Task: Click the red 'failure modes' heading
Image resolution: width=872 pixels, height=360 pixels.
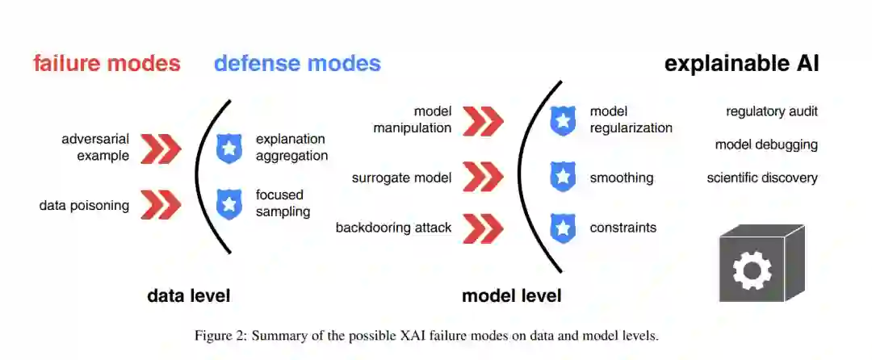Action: [x=107, y=63]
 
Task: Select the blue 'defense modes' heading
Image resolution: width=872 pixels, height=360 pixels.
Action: [x=297, y=63]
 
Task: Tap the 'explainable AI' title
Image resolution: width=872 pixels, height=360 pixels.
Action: [x=741, y=63]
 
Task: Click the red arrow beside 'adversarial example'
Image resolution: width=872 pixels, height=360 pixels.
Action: [x=161, y=148]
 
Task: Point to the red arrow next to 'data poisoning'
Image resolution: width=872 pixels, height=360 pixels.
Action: [x=161, y=205]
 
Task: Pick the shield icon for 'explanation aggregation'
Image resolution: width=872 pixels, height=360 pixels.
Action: [x=229, y=149]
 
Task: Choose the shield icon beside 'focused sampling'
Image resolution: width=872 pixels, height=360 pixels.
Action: [x=229, y=204]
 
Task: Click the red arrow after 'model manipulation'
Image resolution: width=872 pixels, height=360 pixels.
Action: [x=484, y=120]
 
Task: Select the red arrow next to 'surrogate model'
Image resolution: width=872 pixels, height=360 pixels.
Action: [x=484, y=177]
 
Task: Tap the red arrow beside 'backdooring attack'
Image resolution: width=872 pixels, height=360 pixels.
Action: [x=484, y=228]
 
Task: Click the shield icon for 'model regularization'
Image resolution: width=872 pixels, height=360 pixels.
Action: [x=563, y=120]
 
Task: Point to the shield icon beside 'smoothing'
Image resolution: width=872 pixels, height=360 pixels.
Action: [x=563, y=177]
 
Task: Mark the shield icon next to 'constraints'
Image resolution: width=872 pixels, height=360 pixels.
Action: [x=563, y=228]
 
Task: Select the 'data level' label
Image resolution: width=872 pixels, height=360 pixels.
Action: [x=188, y=295]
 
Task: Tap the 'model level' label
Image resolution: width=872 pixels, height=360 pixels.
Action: [x=511, y=295]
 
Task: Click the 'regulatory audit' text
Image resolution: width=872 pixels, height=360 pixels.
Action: [x=771, y=111]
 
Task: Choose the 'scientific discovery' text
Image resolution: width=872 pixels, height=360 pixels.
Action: [x=762, y=178]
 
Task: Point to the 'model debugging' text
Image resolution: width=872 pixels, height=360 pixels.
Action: [x=766, y=145]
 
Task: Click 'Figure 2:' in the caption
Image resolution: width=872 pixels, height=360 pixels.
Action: [x=220, y=336]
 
